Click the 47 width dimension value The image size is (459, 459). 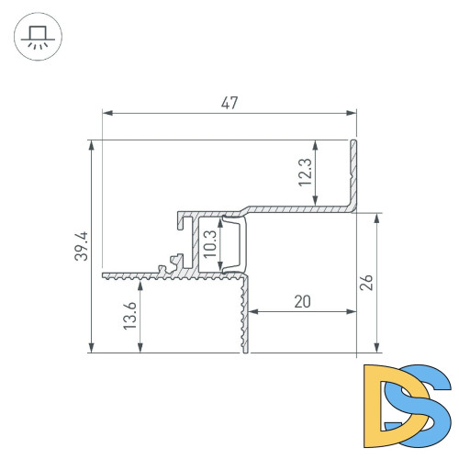click(x=229, y=103)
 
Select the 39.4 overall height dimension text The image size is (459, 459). click(x=81, y=246)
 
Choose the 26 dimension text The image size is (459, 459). click(x=367, y=283)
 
